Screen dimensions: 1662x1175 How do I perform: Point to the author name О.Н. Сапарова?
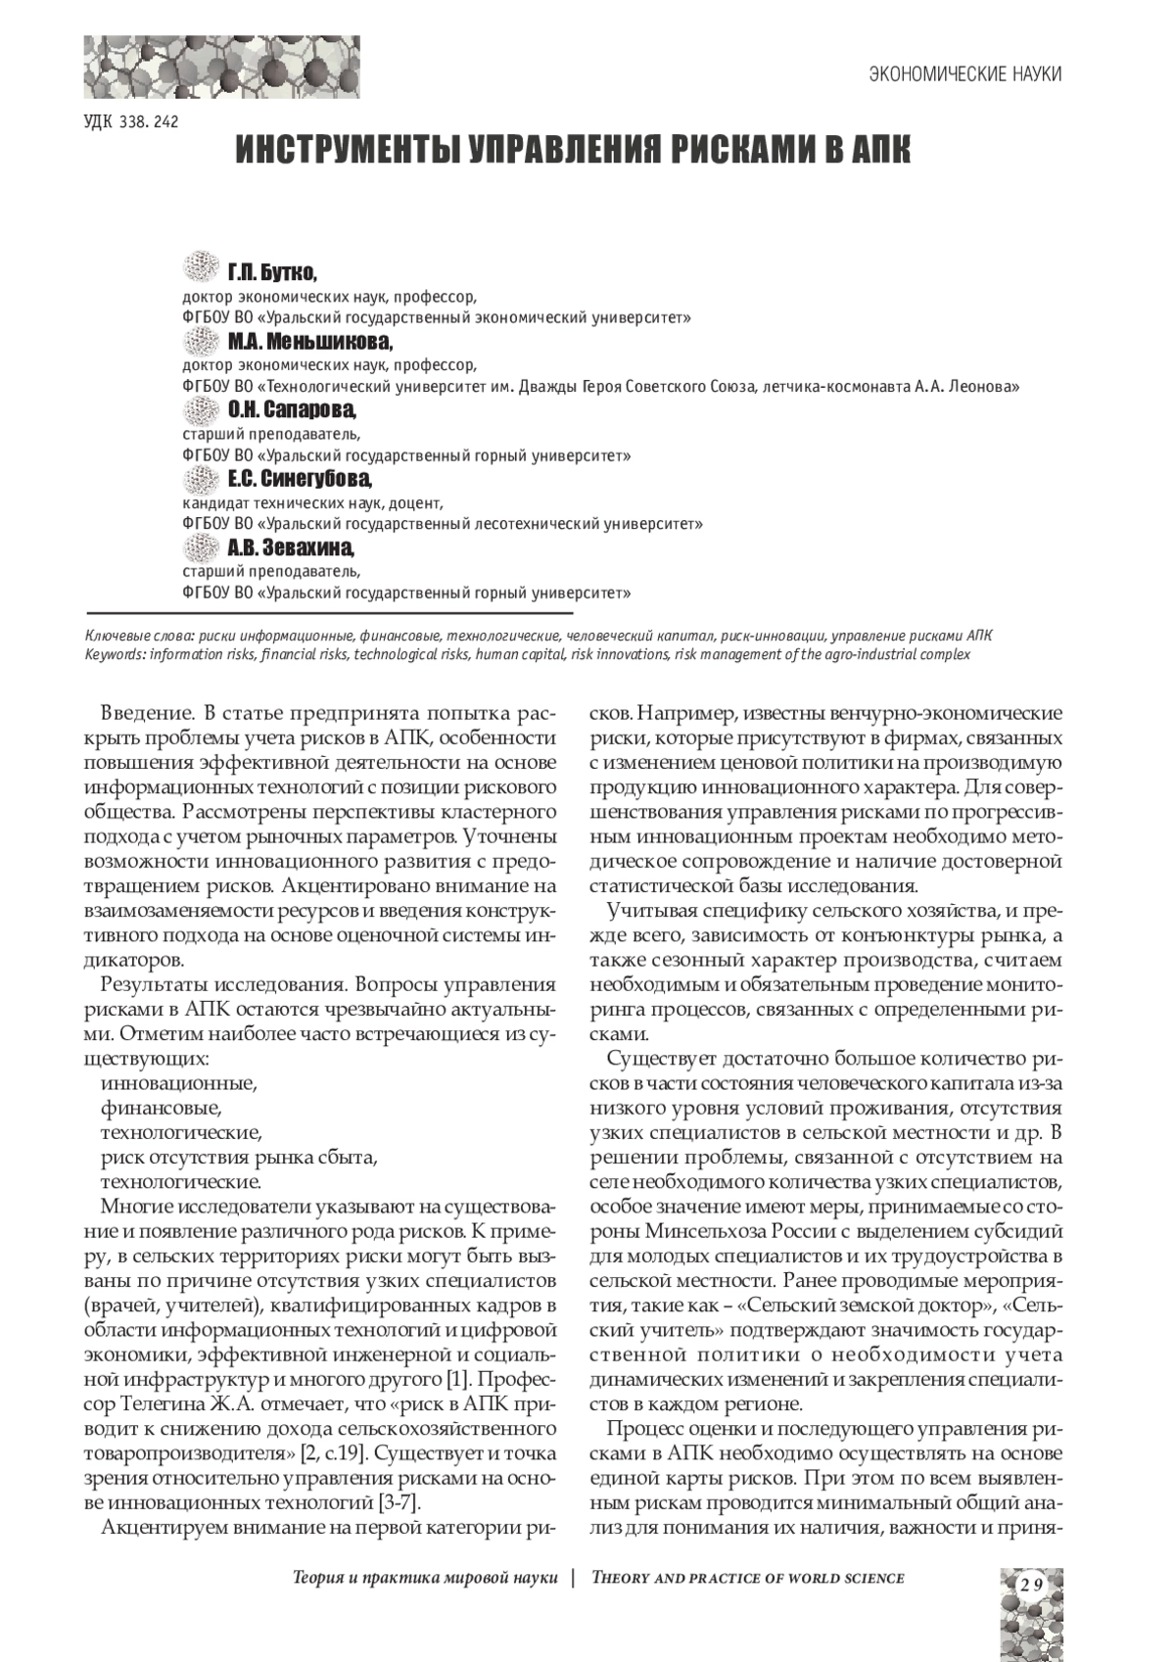292,410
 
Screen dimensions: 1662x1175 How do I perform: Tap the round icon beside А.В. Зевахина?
201,546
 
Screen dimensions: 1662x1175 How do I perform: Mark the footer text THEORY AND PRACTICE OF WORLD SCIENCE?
748,1578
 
